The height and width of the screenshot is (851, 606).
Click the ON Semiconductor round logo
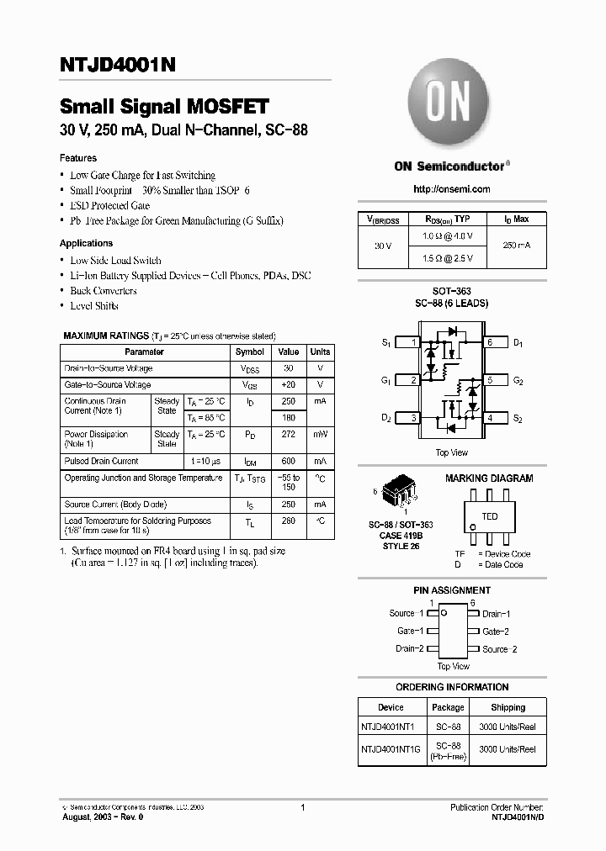pyautogui.click(x=449, y=107)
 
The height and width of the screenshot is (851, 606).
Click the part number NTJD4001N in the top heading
pyautogui.click(x=118, y=65)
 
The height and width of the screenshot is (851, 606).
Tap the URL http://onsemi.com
pyautogui.click(x=451, y=189)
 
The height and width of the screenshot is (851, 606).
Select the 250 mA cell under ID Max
pyautogui.click(x=517, y=246)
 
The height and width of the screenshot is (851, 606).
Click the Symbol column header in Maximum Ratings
pyautogui.click(x=250, y=351)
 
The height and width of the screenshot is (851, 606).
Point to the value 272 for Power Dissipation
pyautogui.click(x=289, y=435)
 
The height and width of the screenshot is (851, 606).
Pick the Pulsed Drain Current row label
pyautogui.click(x=102, y=461)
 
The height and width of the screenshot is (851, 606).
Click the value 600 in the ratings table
pyautogui.click(x=289, y=462)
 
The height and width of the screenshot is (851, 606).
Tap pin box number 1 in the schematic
pyautogui.click(x=410, y=342)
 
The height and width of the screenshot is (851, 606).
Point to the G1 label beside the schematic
pyautogui.click(x=385, y=381)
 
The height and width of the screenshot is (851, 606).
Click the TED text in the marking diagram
pyautogui.click(x=490, y=516)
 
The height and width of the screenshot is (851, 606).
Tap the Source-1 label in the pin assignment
pyautogui.click(x=407, y=614)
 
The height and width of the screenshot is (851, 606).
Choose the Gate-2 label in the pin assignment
pyautogui.click(x=496, y=632)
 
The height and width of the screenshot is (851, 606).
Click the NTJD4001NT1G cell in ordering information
pyautogui.click(x=391, y=748)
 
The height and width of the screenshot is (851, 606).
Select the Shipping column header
pyautogui.click(x=508, y=707)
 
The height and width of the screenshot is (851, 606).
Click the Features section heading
pyautogui.click(x=78, y=158)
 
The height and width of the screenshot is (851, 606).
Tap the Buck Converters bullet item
pyautogui.click(x=104, y=291)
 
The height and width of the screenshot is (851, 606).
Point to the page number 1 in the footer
pyautogui.click(x=302, y=807)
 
